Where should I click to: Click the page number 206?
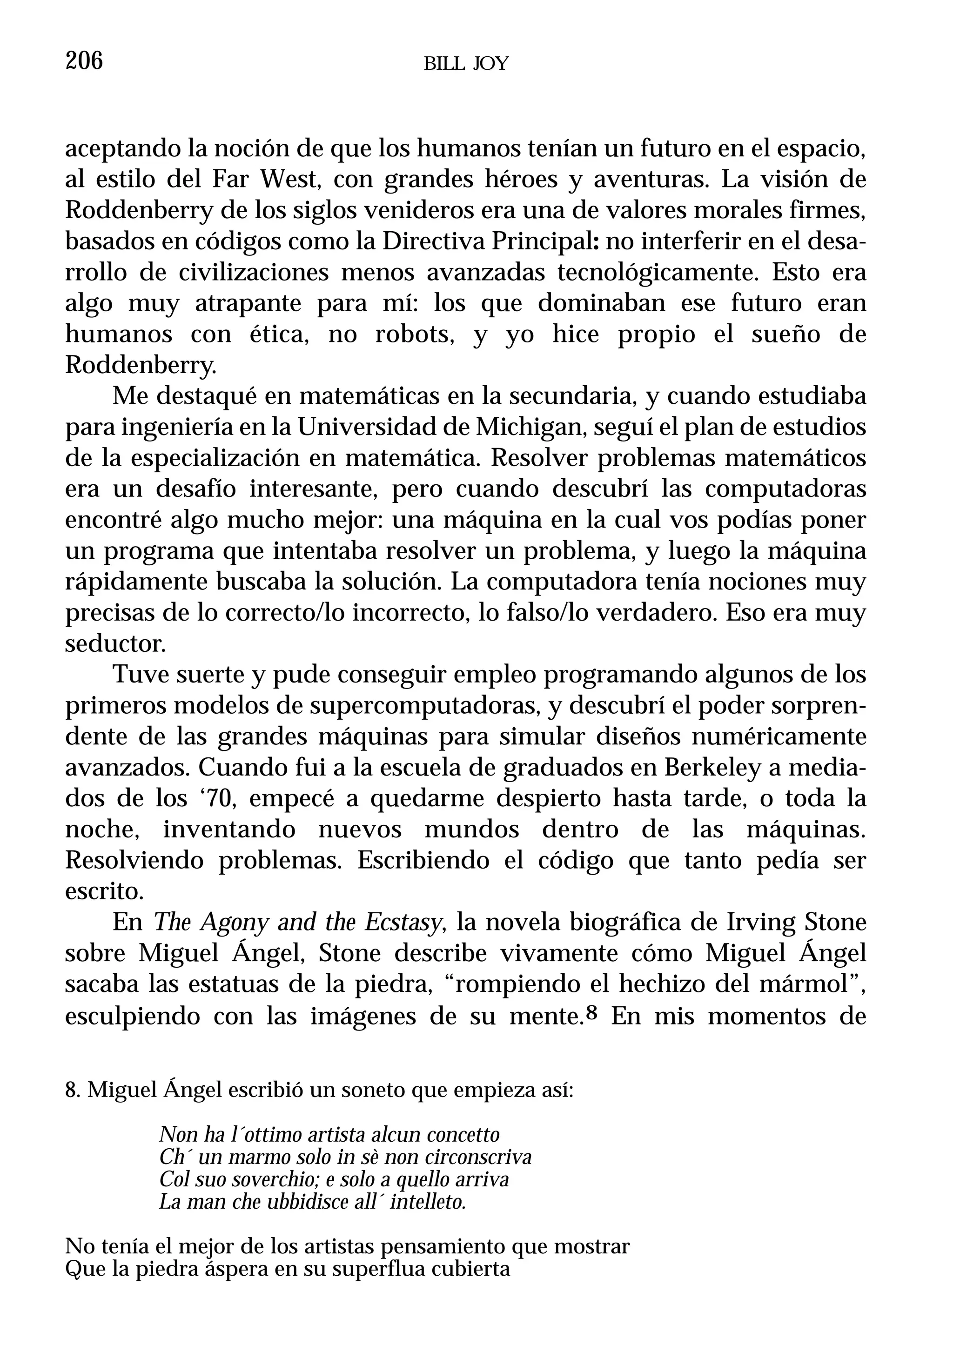pyautogui.click(x=84, y=61)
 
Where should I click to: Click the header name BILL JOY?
pyautogui.click(x=466, y=64)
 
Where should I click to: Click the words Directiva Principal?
pyautogui.click(x=491, y=241)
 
